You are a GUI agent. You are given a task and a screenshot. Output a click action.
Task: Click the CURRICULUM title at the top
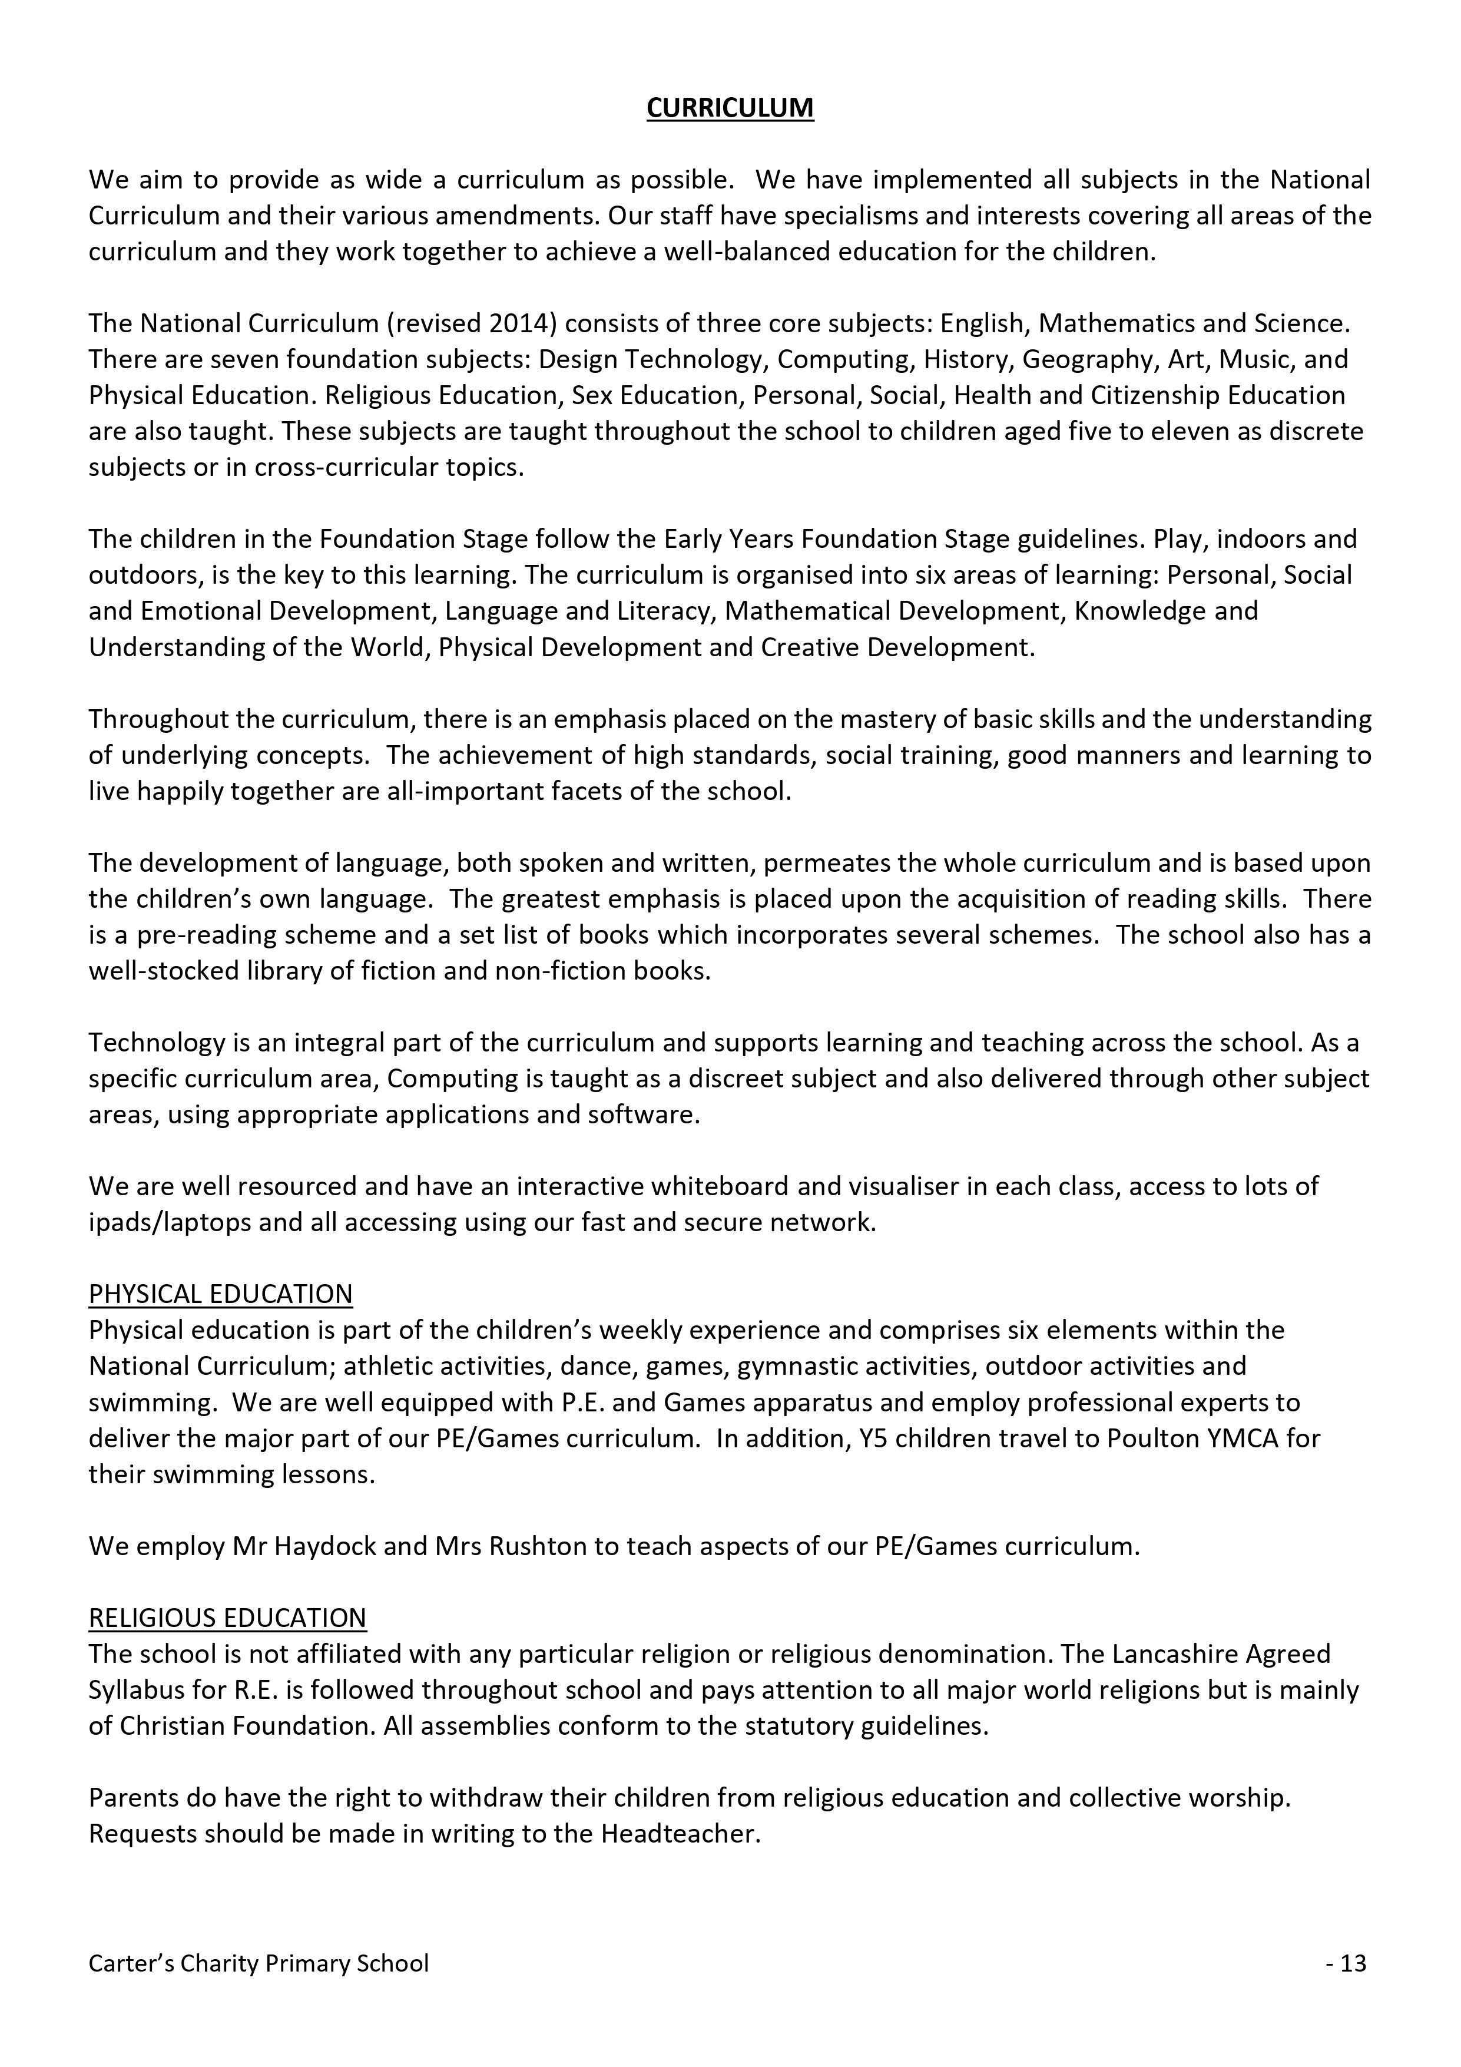(730, 108)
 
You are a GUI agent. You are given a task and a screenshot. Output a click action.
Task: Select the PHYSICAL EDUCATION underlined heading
(221, 1294)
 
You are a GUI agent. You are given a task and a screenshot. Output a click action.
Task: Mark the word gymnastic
(799, 1365)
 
